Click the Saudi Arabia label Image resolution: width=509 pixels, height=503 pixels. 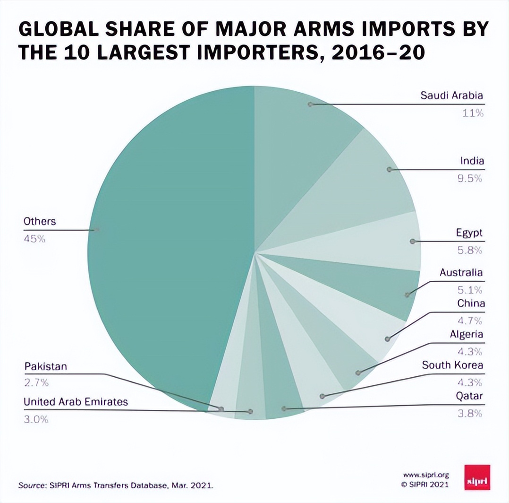452,95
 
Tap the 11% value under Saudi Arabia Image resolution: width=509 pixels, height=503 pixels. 473,113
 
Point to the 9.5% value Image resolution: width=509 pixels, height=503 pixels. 471,178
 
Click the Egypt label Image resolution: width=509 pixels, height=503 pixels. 469,233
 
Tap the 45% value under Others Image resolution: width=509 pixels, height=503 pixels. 34,239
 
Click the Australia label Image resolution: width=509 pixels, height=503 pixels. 461,272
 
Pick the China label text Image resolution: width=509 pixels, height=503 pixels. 471,304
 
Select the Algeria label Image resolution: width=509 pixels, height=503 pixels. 466,334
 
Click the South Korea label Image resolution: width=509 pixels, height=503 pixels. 452,365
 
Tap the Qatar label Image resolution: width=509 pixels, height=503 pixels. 469,396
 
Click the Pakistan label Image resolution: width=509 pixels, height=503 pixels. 45,366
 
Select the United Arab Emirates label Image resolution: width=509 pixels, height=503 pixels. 76,401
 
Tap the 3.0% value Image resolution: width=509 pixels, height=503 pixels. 36,419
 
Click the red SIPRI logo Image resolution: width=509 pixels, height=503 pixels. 477,477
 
